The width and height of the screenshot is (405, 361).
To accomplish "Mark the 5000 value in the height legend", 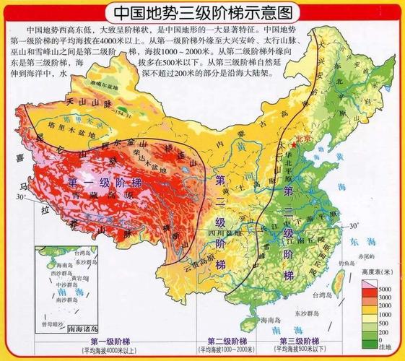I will point(386,287).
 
